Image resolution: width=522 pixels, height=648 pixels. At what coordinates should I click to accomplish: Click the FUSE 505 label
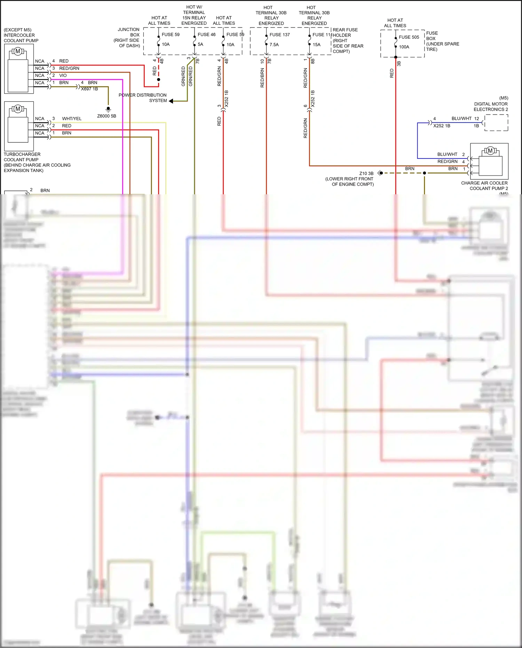[x=409, y=37]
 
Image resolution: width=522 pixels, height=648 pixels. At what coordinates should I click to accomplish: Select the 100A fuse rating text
[x=404, y=47]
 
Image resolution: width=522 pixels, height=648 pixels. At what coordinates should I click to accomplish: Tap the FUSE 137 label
[x=279, y=35]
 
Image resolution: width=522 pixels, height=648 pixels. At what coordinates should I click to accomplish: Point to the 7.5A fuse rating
[x=274, y=45]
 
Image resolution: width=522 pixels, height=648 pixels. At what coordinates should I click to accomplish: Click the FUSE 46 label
[x=206, y=34]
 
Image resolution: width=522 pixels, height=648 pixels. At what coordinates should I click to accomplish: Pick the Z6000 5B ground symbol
[x=108, y=109]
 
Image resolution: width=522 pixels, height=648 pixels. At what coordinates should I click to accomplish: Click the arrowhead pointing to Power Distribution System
[x=171, y=101]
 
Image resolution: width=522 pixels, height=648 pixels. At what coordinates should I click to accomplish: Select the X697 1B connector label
[x=89, y=89]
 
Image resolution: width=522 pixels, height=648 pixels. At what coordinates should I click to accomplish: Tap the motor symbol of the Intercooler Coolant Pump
[x=18, y=52]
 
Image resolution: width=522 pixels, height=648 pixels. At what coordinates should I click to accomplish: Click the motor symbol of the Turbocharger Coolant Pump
[x=18, y=109]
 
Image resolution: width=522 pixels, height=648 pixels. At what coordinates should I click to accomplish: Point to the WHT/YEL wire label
[x=72, y=119]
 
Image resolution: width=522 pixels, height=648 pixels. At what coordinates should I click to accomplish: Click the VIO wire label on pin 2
[x=63, y=76]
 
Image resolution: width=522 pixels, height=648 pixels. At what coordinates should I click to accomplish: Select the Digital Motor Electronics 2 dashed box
[x=496, y=123]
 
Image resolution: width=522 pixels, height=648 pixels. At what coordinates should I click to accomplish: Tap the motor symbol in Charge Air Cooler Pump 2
[x=490, y=151]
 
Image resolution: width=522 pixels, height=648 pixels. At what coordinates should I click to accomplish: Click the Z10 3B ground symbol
[x=380, y=173]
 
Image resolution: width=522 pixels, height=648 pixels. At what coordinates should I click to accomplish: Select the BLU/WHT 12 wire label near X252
[x=465, y=119]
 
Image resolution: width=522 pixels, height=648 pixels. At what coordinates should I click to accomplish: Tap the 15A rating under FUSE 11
[x=316, y=45]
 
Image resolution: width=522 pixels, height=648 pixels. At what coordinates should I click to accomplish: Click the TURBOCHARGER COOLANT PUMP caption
[x=22, y=157]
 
